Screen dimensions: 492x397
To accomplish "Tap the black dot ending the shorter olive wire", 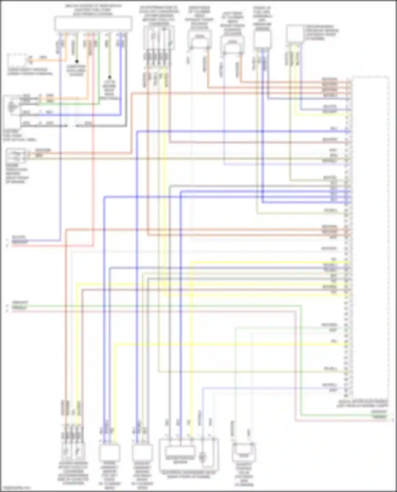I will [77, 61].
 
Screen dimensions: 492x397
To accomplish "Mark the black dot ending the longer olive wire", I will [110, 77].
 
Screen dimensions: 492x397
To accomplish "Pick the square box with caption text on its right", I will [295, 34].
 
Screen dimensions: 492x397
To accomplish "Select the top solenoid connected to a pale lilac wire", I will [232, 44].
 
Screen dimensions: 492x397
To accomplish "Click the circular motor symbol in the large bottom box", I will [202, 456].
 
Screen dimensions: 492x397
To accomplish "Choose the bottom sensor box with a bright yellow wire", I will [109, 453].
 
